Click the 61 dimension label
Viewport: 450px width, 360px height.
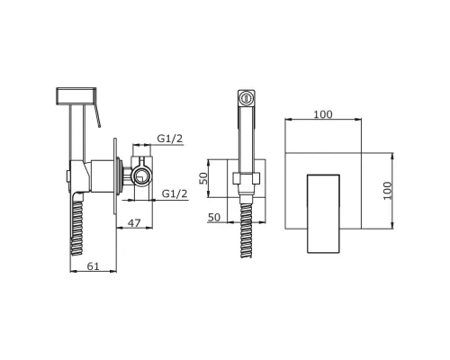click(93, 265)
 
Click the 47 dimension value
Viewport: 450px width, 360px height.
click(134, 223)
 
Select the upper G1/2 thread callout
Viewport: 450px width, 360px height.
click(170, 139)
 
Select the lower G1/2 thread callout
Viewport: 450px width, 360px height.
click(175, 193)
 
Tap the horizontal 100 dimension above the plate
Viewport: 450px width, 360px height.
click(323, 114)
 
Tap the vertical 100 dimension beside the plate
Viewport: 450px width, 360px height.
click(388, 191)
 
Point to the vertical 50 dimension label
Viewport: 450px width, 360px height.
click(203, 178)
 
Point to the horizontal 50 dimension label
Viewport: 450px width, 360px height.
click(214, 217)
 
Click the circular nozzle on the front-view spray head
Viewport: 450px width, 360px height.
click(247, 98)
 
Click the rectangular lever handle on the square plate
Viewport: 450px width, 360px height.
click(323, 213)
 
